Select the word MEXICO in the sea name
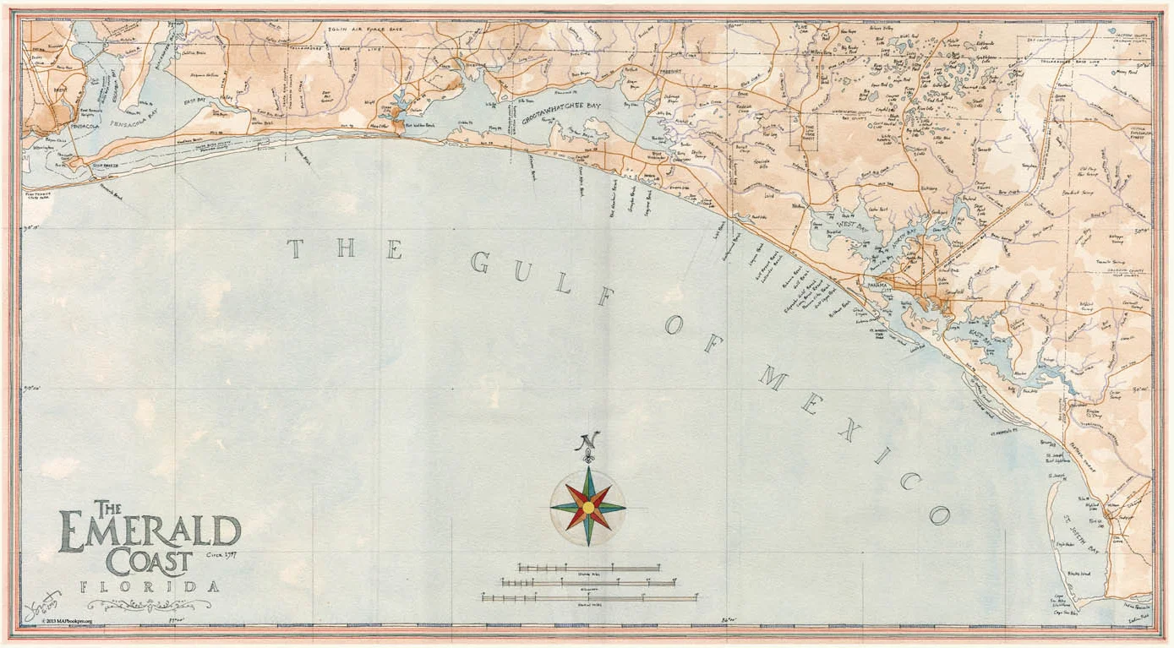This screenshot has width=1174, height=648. pyautogui.click(x=854, y=439)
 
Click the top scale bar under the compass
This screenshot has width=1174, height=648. pyautogui.click(x=589, y=568)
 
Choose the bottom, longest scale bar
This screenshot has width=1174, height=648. pyautogui.click(x=590, y=597)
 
